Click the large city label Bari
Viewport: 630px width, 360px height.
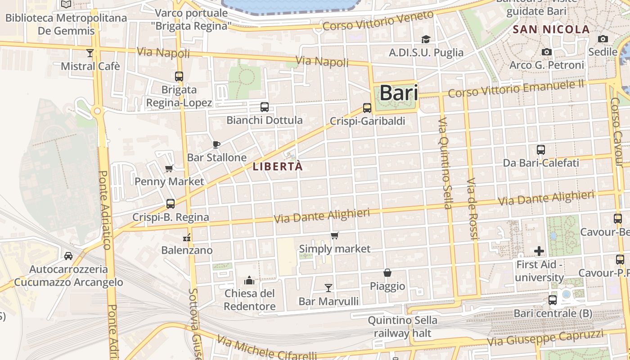[399, 93]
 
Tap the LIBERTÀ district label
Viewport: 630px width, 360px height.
[278, 166]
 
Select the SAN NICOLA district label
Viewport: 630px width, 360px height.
[551, 30]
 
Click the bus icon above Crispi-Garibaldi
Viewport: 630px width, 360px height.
[367, 108]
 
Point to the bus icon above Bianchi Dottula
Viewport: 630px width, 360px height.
[265, 107]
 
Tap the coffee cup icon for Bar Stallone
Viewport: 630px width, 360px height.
[216, 144]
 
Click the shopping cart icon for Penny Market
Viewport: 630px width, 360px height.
[169, 169]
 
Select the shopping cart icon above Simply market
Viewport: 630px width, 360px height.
[334, 236]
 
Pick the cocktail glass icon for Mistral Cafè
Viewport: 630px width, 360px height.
[90, 53]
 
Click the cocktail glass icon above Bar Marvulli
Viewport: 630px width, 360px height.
[328, 288]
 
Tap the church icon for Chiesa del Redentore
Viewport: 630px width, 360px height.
[249, 281]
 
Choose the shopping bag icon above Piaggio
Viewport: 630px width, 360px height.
[387, 273]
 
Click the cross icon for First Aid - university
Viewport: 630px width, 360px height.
[539, 251]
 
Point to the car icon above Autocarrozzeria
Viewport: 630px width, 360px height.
[68, 256]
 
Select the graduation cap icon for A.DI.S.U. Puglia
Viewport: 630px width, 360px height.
[426, 40]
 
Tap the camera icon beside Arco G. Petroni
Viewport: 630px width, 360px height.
[547, 52]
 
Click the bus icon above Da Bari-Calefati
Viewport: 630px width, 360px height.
[541, 150]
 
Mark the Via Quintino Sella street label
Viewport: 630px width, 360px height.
[444, 164]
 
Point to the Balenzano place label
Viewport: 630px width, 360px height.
[187, 250]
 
